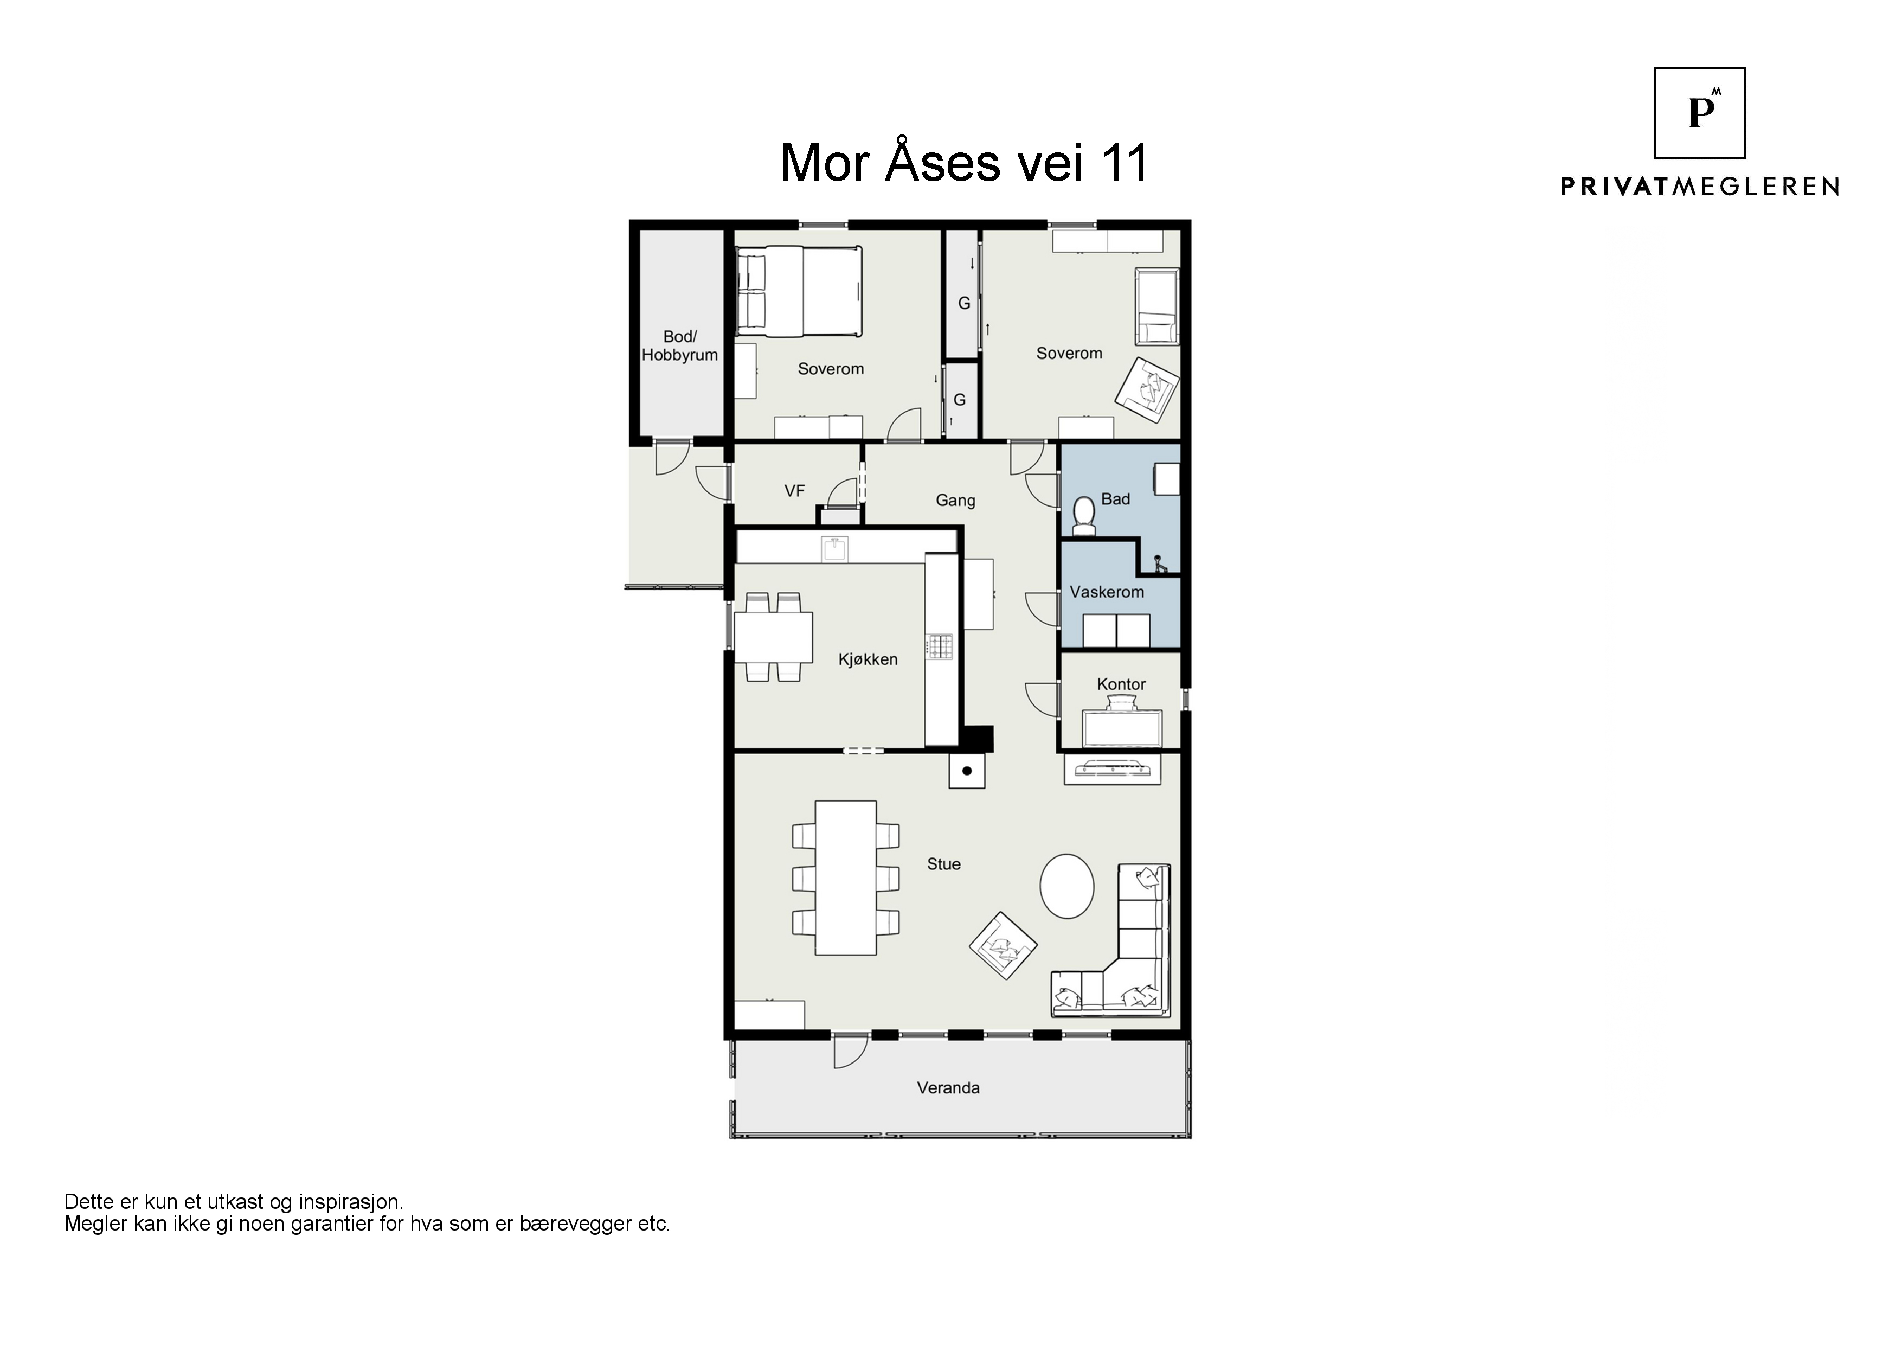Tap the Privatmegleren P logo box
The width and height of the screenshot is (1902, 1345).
(x=1699, y=113)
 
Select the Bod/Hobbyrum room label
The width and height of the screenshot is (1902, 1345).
(x=679, y=345)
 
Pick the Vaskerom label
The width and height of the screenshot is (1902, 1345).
(x=1107, y=592)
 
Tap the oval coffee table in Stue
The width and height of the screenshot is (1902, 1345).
(x=1067, y=886)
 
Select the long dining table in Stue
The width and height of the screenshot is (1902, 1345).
(x=846, y=878)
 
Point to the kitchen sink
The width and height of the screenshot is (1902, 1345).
(x=834, y=549)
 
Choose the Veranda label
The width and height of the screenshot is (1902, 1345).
(x=948, y=1088)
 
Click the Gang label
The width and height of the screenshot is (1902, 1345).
(x=955, y=501)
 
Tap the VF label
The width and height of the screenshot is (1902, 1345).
(x=794, y=491)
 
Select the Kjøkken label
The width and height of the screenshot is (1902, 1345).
(x=868, y=659)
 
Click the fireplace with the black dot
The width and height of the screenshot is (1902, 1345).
(x=967, y=771)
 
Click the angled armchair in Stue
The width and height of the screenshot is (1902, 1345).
(x=1003, y=945)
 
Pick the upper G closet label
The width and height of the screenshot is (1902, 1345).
(x=963, y=303)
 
